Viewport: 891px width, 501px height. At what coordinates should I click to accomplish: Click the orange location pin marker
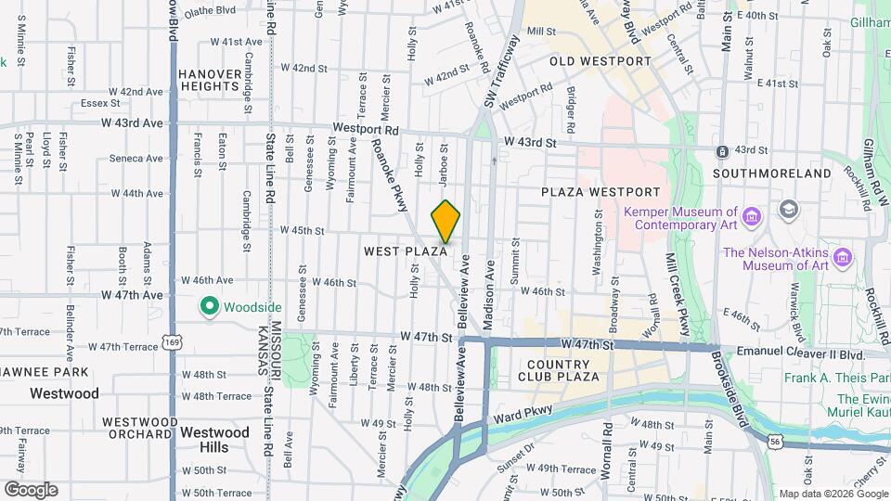[445, 221]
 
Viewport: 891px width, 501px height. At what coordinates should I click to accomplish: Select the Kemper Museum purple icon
[753, 217]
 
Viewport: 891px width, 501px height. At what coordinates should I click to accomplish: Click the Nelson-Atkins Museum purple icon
[843, 254]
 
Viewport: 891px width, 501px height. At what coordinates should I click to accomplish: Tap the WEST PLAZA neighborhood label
[406, 251]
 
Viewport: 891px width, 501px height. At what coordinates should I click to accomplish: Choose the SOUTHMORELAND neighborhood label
[772, 173]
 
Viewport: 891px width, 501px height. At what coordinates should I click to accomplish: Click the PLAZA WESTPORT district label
[600, 192]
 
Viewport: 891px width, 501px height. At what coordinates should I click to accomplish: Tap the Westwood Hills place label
[214, 440]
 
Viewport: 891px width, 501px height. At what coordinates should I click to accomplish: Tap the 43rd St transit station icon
[721, 150]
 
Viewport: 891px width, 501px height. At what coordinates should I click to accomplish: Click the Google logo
[31, 490]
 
